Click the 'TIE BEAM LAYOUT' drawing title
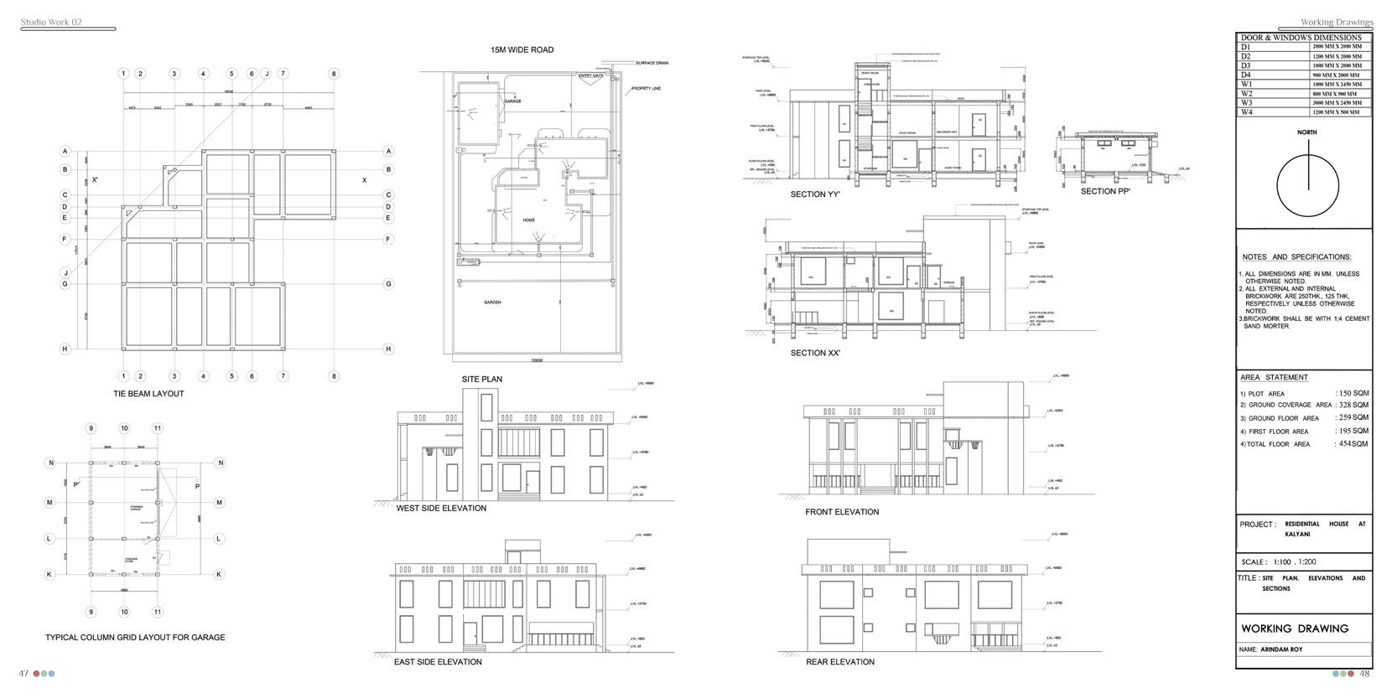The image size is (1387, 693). click(x=148, y=394)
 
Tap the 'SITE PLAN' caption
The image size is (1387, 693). click(x=482, y=380)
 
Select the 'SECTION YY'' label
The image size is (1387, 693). click(x=815, y=194)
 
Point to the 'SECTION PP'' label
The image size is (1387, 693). click(x=1105, y=192)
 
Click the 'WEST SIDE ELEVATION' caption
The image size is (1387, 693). click(x=441, y=509)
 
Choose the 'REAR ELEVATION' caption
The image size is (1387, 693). click(x=839, y=662)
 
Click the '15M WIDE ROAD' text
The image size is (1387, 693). click(x=522, y=50)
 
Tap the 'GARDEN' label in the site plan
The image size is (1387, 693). click(x=492, y=303)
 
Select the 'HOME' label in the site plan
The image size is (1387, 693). click(x=528, y=220)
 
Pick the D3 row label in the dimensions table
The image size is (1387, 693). click(x=1246, y=65)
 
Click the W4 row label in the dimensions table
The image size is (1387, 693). click(x=1247, y=112)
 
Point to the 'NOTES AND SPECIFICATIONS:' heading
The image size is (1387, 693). click(x=1296, y=257)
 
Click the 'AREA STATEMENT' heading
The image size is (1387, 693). click(x=1274, y=378)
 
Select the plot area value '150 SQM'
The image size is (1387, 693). click(x=1353, y=393)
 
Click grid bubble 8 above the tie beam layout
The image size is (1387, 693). click(x=334, y=74)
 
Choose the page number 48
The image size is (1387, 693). click(x=1364, y=674)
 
